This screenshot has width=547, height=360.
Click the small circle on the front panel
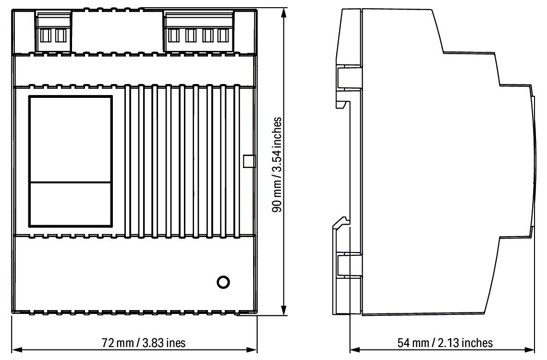click(223, 282)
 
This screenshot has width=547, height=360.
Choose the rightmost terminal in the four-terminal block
click(222, 36)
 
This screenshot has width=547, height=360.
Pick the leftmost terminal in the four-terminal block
click(174, 36)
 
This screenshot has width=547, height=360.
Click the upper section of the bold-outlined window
click(70, 139)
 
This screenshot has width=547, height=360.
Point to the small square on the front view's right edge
click(248, 161)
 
